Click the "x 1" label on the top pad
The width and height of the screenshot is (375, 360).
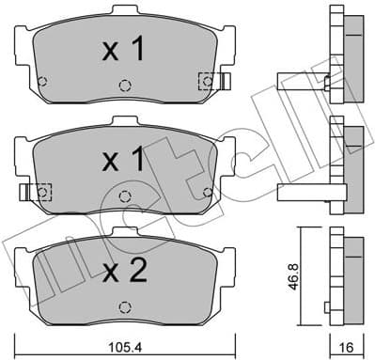(123, 51)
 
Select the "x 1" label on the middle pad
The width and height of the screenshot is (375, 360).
(123, 163)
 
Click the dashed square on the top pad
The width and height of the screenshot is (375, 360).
(206, 83)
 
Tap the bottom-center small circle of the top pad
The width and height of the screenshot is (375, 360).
(124, 86)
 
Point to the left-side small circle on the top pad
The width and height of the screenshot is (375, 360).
(40, 78)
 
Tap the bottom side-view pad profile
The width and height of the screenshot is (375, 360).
(347, 272)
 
